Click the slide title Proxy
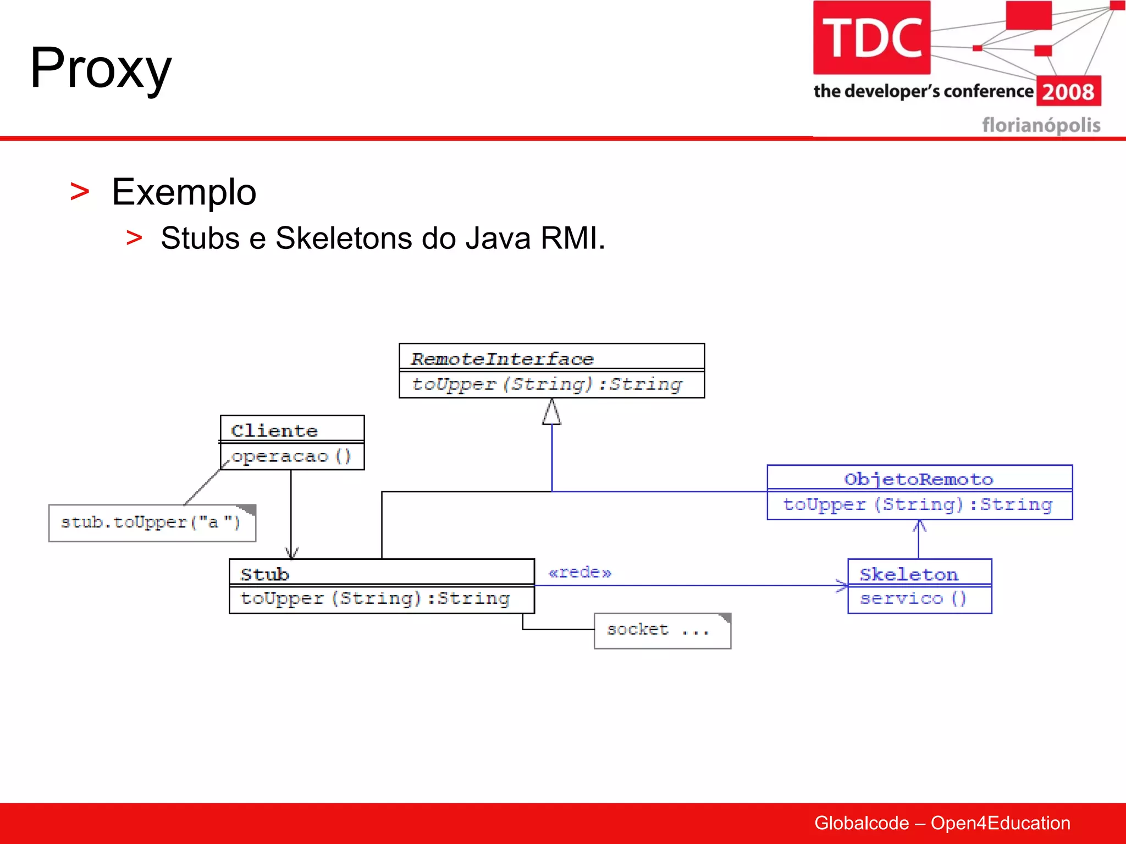pyautogui.click(x=101, y=69)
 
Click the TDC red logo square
pyautogui.click(x=871, y=37)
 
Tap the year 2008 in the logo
pyautogui.click(x=1068, y=91)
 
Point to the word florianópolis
pyautogui.click(x=1041, y=125)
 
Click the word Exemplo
pyautogui.click(x=184, y=192)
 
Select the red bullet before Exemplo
pyautogui.click(x=80, y=192)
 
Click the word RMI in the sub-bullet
pyautogui.click(x=572, y=238)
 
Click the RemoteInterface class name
pyautogui.click(x=502, y=359)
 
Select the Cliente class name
pyautogui.click(x=274, y=430)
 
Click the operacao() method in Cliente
pyautogui.click(x=291, y=456)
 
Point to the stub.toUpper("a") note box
pyautogui.click(x=151, y=523)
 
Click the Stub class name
pyautogui.click(x=264, y=574)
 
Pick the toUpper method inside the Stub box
pyautogui.click(x=375, y=598)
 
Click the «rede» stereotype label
pyautogui.click(x=579, y=573)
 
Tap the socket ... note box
pyautogui.click(x=661, y=630)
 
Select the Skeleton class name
pyautogui.click(x=908, y=574)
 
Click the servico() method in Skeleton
pyautogui.click(x=913, y=598)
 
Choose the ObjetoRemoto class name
pyautogui.click(x=918, y=479)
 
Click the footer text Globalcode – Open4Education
pyautogui.click(x=942, y=823)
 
